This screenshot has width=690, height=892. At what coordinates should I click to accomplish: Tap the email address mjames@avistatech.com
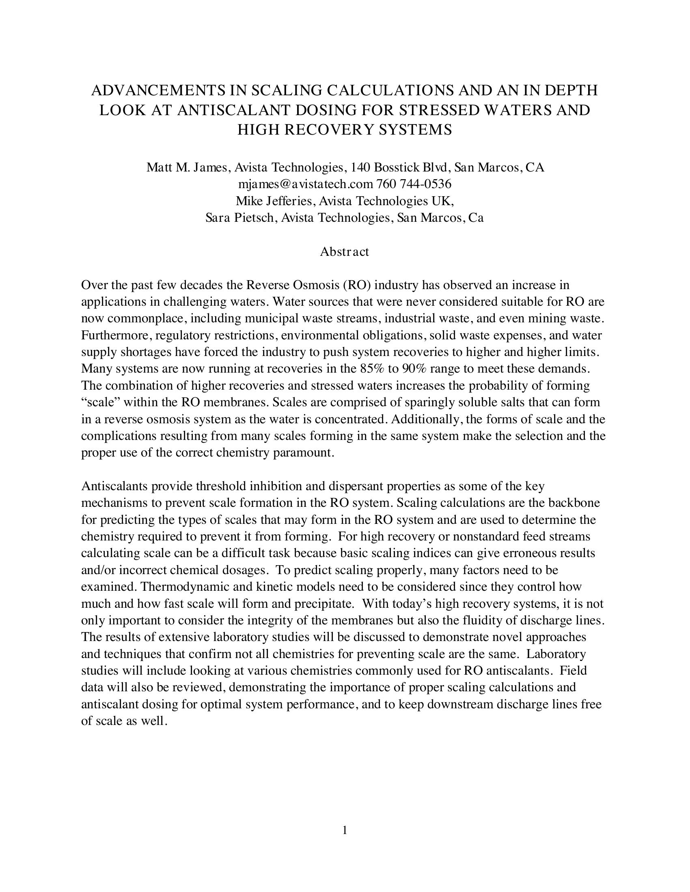(x=305, y=184)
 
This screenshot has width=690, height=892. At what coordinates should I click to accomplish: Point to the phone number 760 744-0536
(x=413, y=184)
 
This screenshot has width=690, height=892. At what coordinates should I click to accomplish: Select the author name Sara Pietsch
(x=239, y=218)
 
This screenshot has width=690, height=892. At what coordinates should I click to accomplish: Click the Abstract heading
(x=344, y=252)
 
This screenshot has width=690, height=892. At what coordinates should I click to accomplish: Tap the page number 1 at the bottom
(x=345, y=830)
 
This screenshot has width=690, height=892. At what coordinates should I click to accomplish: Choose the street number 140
(x=360, y=167)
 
